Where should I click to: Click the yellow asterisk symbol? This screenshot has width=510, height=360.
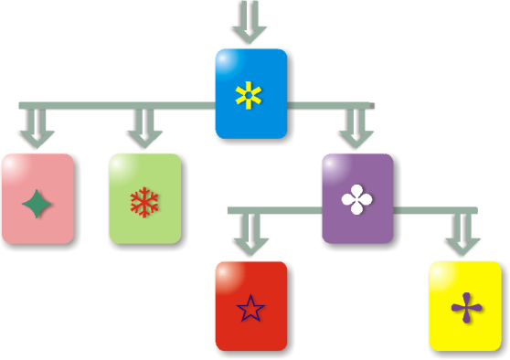click(x=249, y=94)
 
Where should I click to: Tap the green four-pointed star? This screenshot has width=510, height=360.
click(x=37, y=202)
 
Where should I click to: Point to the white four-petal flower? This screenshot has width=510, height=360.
click(x=356, y=200)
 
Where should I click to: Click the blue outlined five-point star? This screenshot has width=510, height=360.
click(x=250, y=309)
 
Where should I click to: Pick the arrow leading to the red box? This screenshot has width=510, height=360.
click(x=250, y=237)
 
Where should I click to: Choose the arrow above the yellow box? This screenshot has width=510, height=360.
click(x=463, y=237)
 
